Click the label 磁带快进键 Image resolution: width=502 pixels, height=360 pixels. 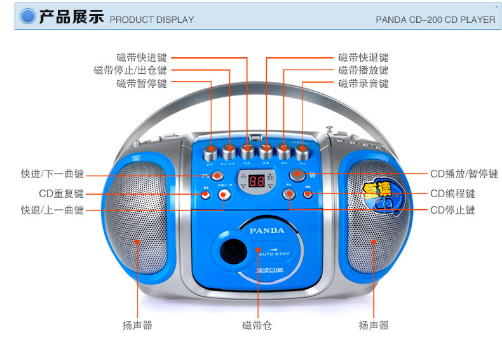click(x=141, y=57)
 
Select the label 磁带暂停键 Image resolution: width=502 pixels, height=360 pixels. click(x=141, y=83)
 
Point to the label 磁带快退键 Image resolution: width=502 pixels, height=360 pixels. click(x=363, y=57)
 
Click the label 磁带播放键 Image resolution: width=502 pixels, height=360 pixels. click(x=363, y=70)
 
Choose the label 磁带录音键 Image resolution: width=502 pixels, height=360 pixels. click(x=363, y=83)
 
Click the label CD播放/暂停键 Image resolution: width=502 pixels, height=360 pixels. click(x=464, y=174)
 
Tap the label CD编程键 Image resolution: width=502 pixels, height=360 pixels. click(x=452, y=193)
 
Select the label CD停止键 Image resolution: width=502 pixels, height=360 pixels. click(x=452, y=210)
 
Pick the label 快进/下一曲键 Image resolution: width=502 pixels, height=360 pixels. click(x=52, y=174)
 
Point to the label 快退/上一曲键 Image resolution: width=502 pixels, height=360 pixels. click(x=52, y=210)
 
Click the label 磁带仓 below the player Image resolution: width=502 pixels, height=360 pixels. click(x=257, y=326)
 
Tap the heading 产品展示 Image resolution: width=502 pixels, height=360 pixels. click(x=71, y=17)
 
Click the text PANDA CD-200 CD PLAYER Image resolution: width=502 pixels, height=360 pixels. click(x=435, y=19)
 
